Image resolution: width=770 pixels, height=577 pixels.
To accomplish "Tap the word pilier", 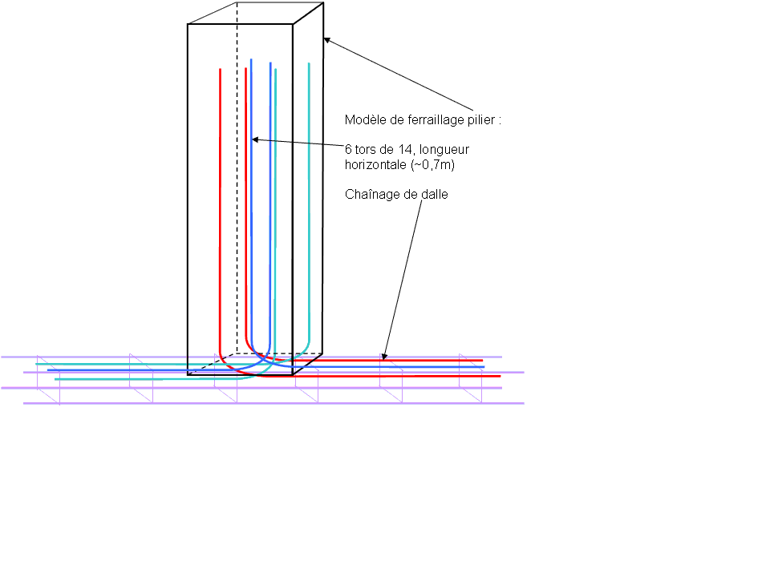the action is [x=483, y=119].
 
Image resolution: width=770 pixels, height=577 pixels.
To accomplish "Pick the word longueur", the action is [x=445, y=149].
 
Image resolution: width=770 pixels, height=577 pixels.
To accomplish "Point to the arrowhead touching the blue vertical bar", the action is [x=255, y=140].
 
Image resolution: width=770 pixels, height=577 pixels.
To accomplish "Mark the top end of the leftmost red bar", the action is [x=220, y=70].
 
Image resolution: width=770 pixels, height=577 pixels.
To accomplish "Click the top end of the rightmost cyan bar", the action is [x=309, y=63].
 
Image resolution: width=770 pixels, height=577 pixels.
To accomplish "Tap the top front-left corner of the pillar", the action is [x=188, y=25].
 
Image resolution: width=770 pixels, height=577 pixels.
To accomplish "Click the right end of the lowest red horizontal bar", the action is [x=499, y=375].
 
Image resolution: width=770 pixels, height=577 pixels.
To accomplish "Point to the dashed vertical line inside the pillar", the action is [x=237, y=200].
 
